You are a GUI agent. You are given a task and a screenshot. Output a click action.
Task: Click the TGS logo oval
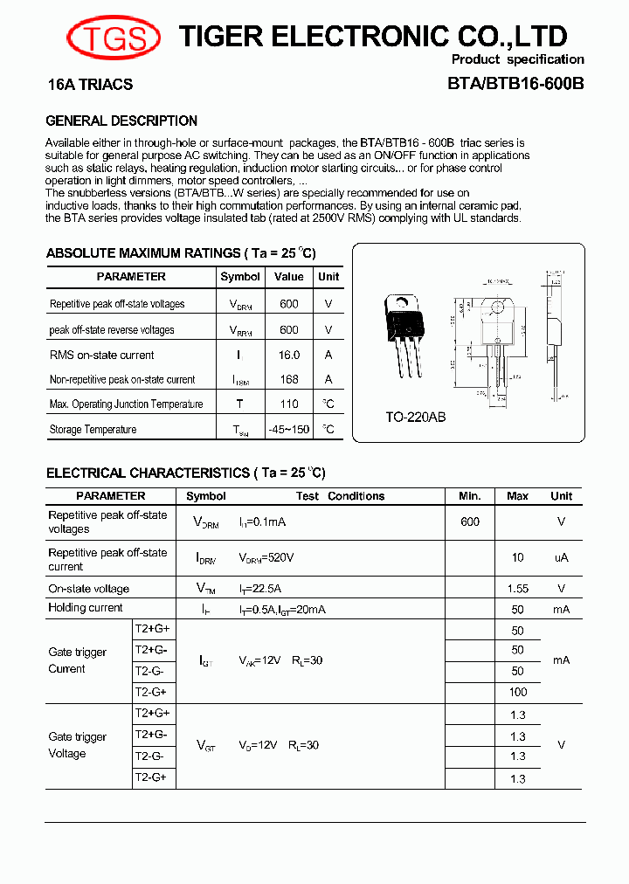[114, 37]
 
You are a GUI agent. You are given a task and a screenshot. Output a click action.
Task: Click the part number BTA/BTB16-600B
[515, 85]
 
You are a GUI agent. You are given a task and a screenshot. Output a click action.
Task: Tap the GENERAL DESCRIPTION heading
[121, 121]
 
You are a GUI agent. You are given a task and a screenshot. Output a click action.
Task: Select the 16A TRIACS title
[90, 85]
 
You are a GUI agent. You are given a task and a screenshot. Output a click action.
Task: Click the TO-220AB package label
[416, 417]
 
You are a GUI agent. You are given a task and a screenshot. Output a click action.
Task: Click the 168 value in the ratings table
[289, 379]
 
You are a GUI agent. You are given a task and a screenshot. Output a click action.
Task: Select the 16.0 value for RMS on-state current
[289, 355]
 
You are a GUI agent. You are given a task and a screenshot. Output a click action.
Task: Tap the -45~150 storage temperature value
[289, 429]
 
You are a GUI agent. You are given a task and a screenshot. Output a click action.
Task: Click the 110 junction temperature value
[289, 404]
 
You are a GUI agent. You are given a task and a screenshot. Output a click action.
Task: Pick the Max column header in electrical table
[517, 496]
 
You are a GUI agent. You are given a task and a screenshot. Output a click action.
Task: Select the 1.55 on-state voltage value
[517, 589]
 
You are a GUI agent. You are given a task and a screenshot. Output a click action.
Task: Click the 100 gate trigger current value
[517, 692]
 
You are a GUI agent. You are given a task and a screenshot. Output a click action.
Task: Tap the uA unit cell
[561, 557]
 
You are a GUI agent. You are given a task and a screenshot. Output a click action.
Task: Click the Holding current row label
[86, 608]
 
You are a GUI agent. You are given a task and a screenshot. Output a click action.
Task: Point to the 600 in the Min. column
[469, 521]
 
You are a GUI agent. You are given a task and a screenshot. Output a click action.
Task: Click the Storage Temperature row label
[93, 430]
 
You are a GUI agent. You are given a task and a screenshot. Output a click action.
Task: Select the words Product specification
[517, 59]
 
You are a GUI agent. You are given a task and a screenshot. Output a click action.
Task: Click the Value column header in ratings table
[289, 277]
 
